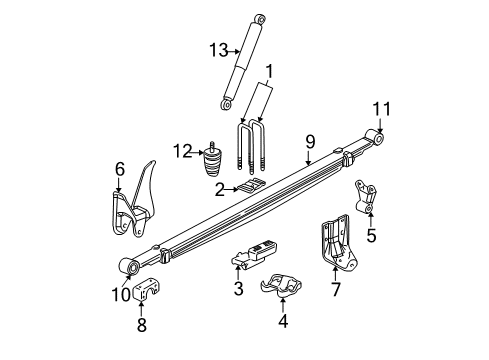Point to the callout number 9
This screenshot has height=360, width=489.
click(x=310, y=142)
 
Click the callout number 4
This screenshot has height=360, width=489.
click(x=283, y=321)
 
